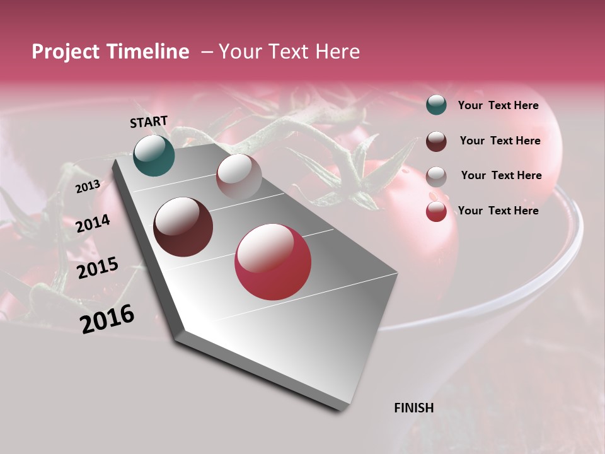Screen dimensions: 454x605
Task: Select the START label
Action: pos(149,122)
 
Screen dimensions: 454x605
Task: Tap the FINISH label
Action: pos(413,408)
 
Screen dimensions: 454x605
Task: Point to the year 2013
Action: pos(88,186)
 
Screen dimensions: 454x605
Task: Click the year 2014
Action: pos(93,223)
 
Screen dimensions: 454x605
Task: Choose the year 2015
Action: pos(98,267)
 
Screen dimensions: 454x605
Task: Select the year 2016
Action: pos(107,318)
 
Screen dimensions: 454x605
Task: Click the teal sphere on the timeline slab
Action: pos(154,155)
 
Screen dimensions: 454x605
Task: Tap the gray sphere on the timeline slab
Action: pos(239,177)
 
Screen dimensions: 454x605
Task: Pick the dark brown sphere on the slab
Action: pos(183,227)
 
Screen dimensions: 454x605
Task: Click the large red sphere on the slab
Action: pos(273,262)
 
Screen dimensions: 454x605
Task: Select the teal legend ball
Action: pos(436,105)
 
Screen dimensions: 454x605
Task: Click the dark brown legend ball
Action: pos(436,141)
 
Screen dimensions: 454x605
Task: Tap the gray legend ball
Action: pos(436,176)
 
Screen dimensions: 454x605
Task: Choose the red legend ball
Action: pos(436,211)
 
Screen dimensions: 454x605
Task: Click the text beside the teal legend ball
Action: pos(498,106)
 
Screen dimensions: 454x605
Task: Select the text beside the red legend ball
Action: pos(498,211)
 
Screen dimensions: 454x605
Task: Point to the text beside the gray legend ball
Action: pos(501,175)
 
